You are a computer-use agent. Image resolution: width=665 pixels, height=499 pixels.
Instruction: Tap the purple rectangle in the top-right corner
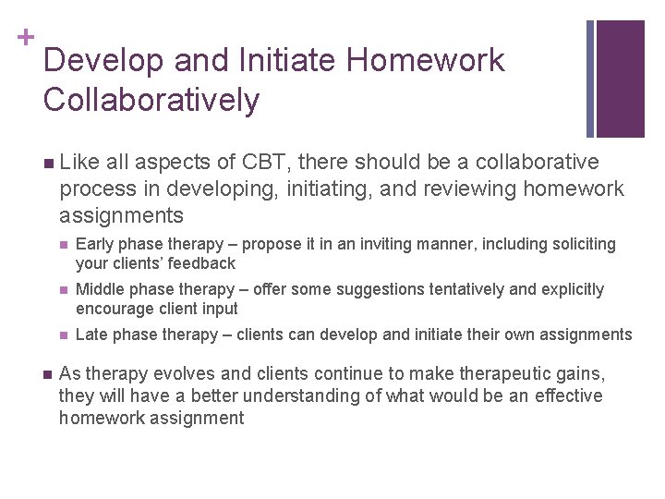pos(620,79)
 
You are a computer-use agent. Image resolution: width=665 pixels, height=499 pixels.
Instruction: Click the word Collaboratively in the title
pos(151,100)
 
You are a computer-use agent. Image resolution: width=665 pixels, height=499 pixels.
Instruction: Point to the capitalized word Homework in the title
pos(426,60)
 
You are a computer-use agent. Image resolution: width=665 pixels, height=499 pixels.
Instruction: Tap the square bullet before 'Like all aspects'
pos(47,164)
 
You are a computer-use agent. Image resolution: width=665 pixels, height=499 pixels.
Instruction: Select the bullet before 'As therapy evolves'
pos(47,373)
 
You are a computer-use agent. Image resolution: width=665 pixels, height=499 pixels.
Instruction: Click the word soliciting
pos(583,244)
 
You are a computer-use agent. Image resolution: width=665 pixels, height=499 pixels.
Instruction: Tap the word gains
pos(580,373)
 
